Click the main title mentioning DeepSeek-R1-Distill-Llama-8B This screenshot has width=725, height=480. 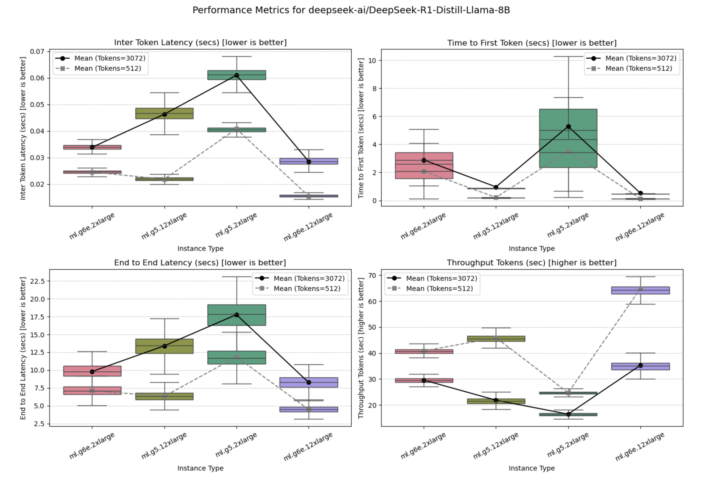click(351, 10)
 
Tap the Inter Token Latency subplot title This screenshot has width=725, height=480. click(200, 42)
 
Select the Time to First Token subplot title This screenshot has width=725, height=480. click(532, 43)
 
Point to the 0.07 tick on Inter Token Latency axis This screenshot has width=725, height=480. click(37, 51)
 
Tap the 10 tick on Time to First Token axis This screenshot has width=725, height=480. click(372, 61)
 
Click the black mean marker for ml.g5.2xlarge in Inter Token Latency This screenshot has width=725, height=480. click(237, 75)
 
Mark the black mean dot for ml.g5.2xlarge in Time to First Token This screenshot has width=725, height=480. click(568, 127)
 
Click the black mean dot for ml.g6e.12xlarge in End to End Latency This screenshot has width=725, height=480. click(309, 382)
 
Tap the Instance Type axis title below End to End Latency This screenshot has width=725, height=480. click(200, 468)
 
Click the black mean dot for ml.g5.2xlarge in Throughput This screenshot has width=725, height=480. click(568, 414)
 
